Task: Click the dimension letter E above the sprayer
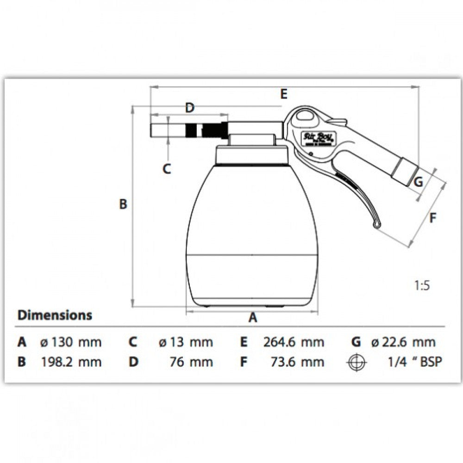284,94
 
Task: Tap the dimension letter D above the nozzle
189,108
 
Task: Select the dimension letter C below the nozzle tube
167,169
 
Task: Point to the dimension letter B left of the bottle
123,204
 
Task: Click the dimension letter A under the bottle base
253,318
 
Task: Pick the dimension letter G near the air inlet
418,181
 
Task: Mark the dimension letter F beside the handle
432,217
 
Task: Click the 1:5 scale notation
421,286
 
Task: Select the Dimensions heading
55,315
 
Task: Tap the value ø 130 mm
70,342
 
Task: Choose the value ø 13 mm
185,342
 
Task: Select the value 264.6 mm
294,342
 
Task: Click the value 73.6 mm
297,362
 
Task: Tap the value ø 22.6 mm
403,342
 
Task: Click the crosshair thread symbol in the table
357,362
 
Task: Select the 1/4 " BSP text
415,362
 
